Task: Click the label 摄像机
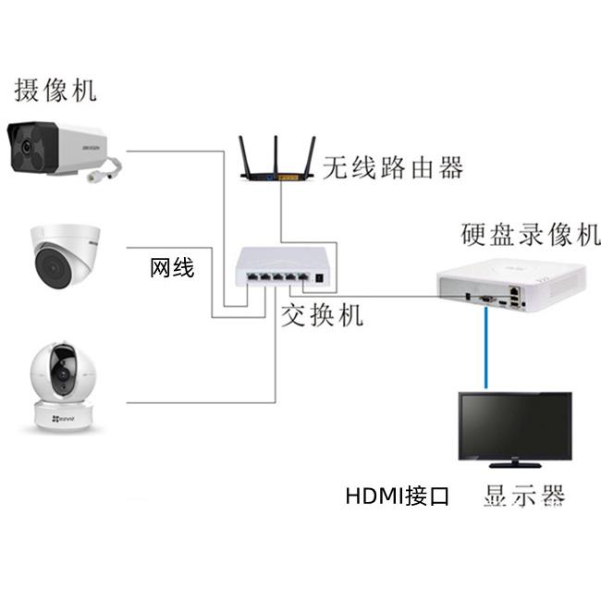tap(55, 90)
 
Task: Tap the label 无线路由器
tap(392, 167)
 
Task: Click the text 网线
tap(172, 269)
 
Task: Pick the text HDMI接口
tap(397, 497)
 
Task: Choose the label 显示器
tap(523, 496)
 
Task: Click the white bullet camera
tap(55, 147)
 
